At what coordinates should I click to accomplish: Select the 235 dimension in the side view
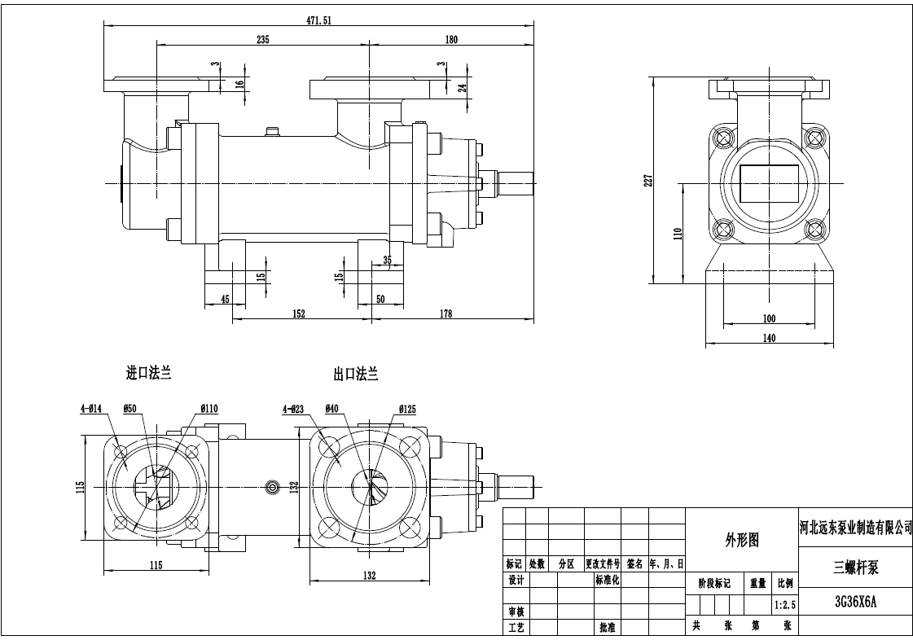click(x=262, y=39)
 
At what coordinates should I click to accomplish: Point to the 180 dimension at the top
click(x=451, y=39)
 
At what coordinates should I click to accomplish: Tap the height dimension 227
click(x=648, y=180)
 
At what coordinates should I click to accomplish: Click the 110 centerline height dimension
click(x=676, y=234)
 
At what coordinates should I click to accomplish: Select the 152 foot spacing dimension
click(x=298, y=314)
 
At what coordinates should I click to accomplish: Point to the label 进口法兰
click(x=148, y=373)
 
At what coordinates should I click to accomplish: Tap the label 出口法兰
click(x=355, y=374)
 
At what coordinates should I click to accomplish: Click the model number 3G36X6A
click(x=855, y=603)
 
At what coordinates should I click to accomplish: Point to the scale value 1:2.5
click(x=784, y=605)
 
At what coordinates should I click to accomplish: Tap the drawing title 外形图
click(x=741, y=539)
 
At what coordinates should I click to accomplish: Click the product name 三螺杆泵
click(x=855, y=568)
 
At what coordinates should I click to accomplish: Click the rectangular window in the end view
click(x=769, y=184)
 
